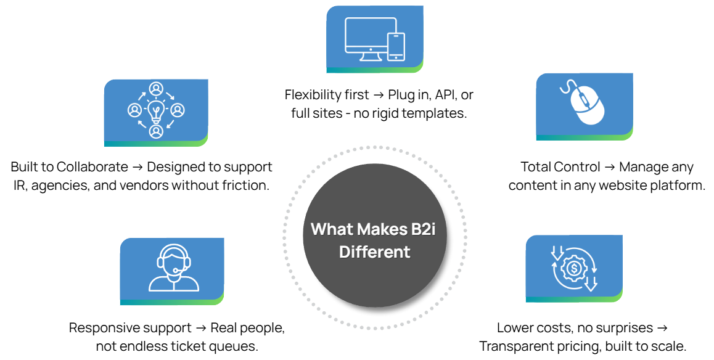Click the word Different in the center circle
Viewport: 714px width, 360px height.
pos(374,252)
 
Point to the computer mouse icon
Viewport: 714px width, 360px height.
pos(585,104)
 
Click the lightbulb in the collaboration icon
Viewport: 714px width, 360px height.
pos(156,111)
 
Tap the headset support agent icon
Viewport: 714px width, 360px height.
pos(173,269)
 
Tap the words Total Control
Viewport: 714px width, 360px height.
pos(560,167)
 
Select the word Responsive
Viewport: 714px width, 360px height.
pos(104,328)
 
